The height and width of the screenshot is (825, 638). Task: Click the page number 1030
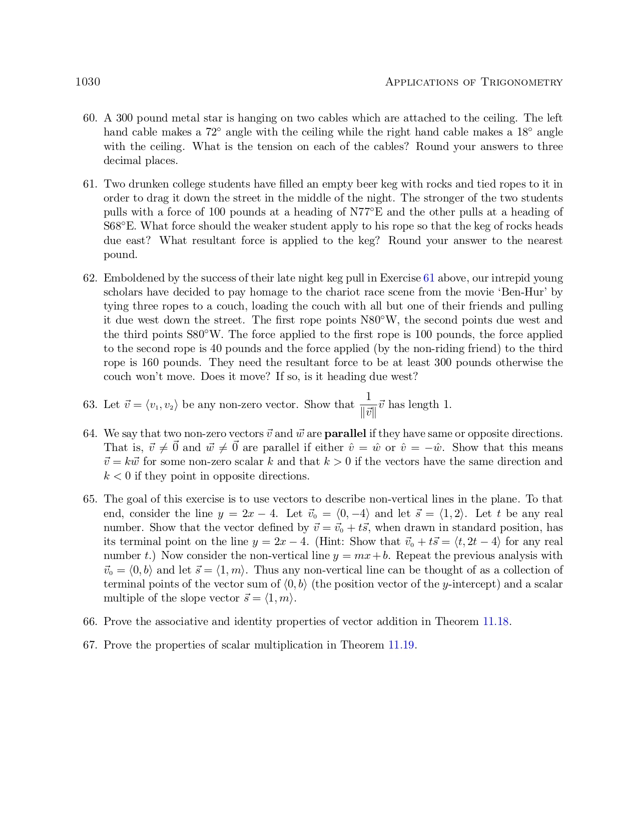point(88,82)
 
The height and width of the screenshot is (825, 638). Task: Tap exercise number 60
point(90,118)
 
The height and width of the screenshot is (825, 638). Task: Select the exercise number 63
point(90,405)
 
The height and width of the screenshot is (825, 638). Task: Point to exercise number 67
point(90,645)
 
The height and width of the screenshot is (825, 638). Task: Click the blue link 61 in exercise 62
point(429,278)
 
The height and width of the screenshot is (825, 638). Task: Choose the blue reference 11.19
point(402,645)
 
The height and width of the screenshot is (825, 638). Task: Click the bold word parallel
point(345,433)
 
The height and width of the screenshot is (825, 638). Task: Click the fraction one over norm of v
point(368,405)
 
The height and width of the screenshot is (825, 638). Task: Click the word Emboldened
point(134,278)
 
